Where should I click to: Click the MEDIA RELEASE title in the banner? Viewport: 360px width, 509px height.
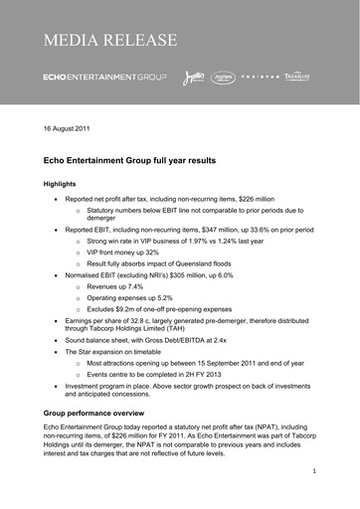(x=110, y=41)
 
